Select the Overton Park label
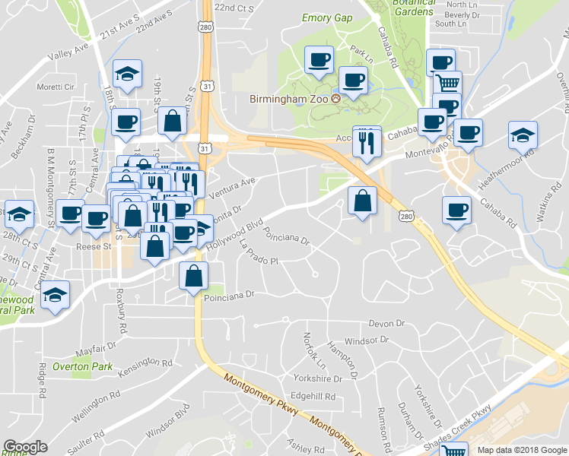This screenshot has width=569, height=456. [x=82, y=366]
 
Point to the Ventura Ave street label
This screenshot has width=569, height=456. [x=229, y=187]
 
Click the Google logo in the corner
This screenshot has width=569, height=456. [x=25, y=447]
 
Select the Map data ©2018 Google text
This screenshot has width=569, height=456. [x=522, y=449]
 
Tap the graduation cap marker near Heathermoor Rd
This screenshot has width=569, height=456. [x=521, y=135]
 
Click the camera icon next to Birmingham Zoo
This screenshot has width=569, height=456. [x=345, y=98]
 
